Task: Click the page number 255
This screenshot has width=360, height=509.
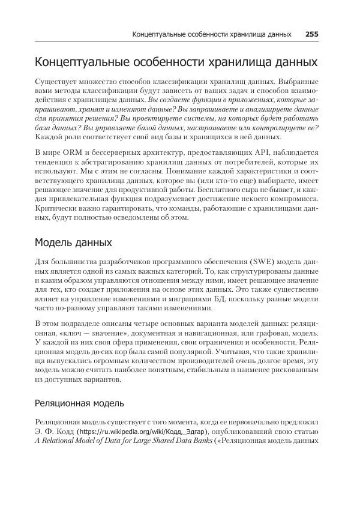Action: coord(311,34)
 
